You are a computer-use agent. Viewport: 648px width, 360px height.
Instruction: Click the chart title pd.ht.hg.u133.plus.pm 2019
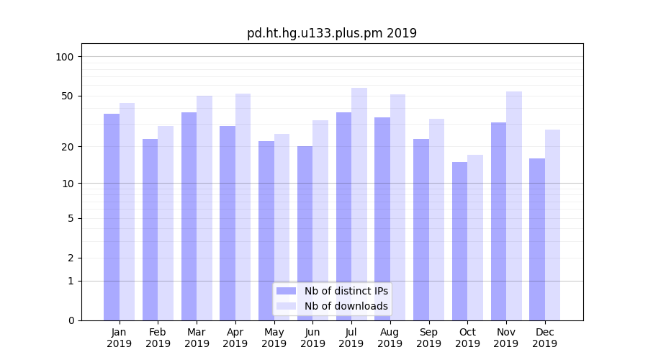click(331, 33)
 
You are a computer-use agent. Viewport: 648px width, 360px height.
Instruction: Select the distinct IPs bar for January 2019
click(112, 216)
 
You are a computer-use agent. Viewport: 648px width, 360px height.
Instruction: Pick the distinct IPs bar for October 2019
click(459, 240)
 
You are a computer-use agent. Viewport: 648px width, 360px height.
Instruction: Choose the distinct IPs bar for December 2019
click(537, 239)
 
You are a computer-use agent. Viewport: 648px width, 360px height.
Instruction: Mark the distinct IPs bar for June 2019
click(305, 233)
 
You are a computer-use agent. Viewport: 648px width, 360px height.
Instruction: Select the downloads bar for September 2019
click(436, 219)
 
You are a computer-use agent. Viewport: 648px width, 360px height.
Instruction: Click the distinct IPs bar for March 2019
click(189, 216)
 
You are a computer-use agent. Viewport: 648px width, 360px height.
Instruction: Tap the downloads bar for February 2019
click(166, 222)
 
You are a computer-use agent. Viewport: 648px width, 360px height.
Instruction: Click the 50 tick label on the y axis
click(68, 96)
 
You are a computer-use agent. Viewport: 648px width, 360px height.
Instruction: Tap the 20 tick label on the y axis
click(68, 147)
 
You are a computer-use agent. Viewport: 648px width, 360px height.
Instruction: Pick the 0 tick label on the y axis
click(71, 320)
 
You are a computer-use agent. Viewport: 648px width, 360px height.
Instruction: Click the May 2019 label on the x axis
click(274, 338)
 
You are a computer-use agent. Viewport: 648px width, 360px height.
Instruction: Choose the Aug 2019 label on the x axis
click(390, 338)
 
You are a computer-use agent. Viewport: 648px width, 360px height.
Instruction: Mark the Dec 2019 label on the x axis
click(544, 338)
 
